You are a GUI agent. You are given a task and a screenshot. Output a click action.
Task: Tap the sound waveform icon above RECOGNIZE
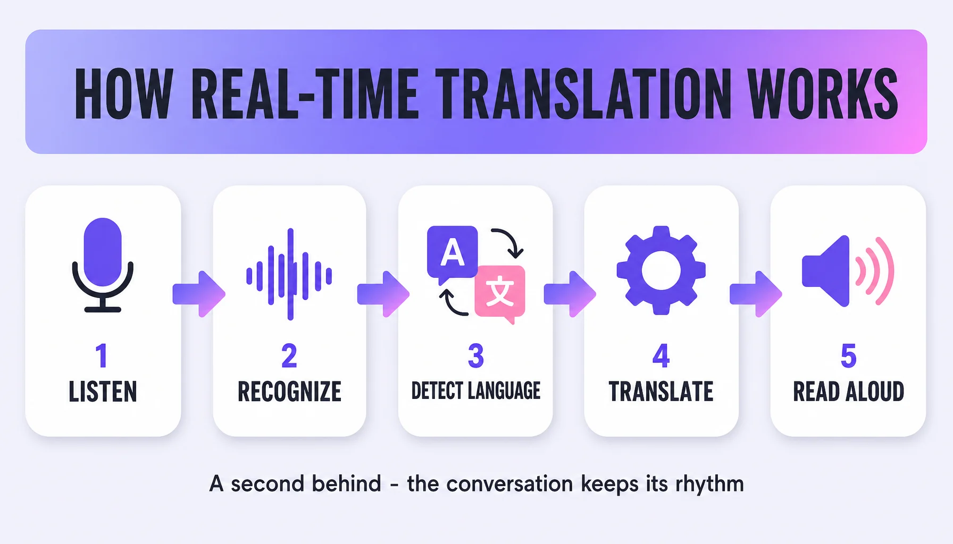click(290, 275)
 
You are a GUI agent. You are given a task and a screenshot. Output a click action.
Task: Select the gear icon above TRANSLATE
click(661, 270)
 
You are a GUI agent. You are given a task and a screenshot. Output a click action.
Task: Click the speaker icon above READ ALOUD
click(848, 271)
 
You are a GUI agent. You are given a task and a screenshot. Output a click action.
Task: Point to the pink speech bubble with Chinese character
click(500, 292)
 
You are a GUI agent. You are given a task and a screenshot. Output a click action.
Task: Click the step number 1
click(102, 356)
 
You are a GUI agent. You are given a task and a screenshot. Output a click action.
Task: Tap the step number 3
click(476, 356)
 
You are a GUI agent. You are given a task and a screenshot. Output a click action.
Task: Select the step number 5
click(849, 356)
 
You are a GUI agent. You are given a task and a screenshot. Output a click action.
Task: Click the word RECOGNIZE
click(290, 392)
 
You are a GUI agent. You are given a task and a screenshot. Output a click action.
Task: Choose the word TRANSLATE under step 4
click(661, 392)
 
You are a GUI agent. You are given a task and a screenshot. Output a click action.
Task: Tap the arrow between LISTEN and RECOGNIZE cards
click(199, 294)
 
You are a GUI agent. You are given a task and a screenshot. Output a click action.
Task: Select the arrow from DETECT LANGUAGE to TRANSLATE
click(570, 294)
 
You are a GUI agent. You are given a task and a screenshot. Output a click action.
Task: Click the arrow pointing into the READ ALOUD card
click(756, 294)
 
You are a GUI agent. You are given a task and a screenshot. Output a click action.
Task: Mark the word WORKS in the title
click(823, 94)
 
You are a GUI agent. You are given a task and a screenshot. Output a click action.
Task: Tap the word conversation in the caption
click(509, 484)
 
